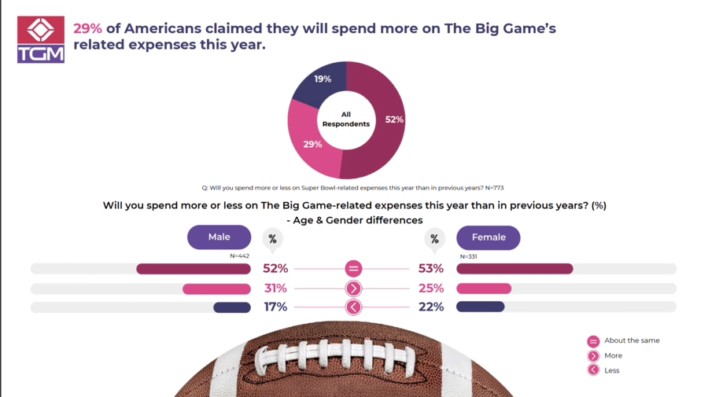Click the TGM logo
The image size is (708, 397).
(41, 39)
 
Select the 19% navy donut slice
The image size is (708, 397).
(319, 85)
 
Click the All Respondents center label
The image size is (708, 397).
(346, 119)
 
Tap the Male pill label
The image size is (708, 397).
(219, 237)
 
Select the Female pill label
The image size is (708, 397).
(488, 237)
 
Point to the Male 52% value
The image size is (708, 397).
(275, 269)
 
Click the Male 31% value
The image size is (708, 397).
(275, 288)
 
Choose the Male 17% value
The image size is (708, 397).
(275, 307)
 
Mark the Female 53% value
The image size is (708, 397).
(431, 269)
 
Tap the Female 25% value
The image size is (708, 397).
(431, 288)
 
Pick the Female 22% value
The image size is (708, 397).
(431, 307)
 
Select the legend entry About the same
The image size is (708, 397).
(631, 341)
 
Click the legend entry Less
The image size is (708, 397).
(611, 370)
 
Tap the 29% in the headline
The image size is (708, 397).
(87, 28)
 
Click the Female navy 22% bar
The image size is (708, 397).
(480, 307)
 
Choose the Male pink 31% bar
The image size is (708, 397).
(216, 289)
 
